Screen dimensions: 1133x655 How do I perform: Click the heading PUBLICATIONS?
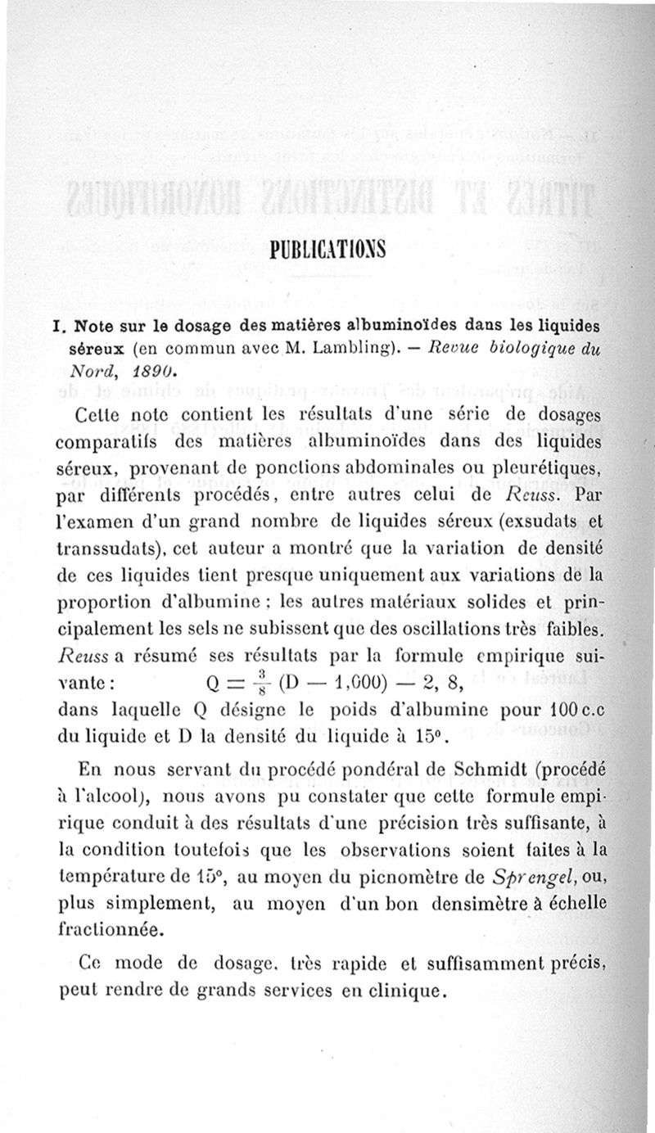tap(328, 246)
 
